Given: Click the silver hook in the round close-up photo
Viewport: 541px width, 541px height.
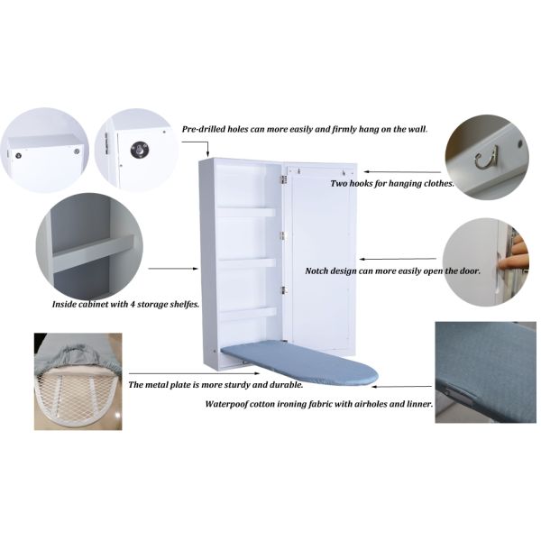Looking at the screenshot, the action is (486, 158).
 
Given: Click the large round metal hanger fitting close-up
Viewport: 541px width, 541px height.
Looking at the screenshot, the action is (140, 150).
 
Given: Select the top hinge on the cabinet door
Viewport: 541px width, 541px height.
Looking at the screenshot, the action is (284, 179).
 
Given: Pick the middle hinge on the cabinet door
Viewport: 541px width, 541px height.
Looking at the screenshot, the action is (282, 235).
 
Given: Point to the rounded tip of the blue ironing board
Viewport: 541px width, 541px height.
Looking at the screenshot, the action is (375, 375).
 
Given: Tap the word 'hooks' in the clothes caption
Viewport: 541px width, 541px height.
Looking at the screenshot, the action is (360, 183).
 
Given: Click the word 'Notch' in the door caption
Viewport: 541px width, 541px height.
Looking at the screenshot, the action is (316, 270).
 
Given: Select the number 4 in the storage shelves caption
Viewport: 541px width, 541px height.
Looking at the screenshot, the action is (133, 305).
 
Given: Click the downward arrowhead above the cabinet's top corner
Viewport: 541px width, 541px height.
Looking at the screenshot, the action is (207, 154).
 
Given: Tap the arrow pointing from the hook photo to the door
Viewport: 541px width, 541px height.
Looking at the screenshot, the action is (403, 171).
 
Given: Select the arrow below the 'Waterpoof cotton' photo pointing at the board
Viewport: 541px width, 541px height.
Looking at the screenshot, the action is (401, 387).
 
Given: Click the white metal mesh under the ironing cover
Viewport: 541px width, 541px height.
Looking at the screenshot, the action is (78, 400).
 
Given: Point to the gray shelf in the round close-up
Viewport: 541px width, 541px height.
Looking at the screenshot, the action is (93, 253).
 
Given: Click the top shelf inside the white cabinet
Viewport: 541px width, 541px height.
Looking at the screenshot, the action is (246, 211).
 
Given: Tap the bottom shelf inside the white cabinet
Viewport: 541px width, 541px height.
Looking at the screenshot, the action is (248, 313).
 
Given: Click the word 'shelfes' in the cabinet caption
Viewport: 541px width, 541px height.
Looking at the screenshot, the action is (185, 305).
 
